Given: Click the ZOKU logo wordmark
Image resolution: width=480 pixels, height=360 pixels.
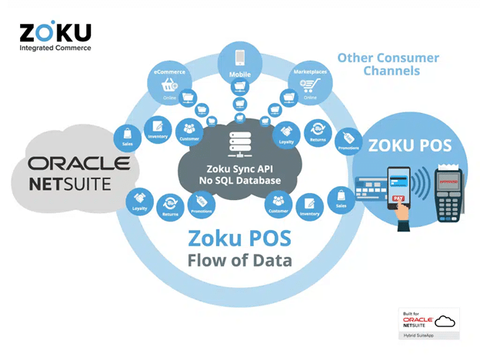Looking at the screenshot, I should point(55,32).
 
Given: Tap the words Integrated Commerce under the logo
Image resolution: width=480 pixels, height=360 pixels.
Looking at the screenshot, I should point(55,48).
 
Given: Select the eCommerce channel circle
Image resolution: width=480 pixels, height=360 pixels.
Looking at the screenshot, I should point(170,85).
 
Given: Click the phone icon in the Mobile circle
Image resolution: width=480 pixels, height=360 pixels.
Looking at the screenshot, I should point(238,58).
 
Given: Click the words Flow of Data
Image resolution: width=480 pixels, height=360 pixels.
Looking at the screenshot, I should point(239,260).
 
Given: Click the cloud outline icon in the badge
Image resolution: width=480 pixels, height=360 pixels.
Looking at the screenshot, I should point(446,321).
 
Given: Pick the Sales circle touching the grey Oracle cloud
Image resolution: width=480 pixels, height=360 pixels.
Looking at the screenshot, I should point(127,136).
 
